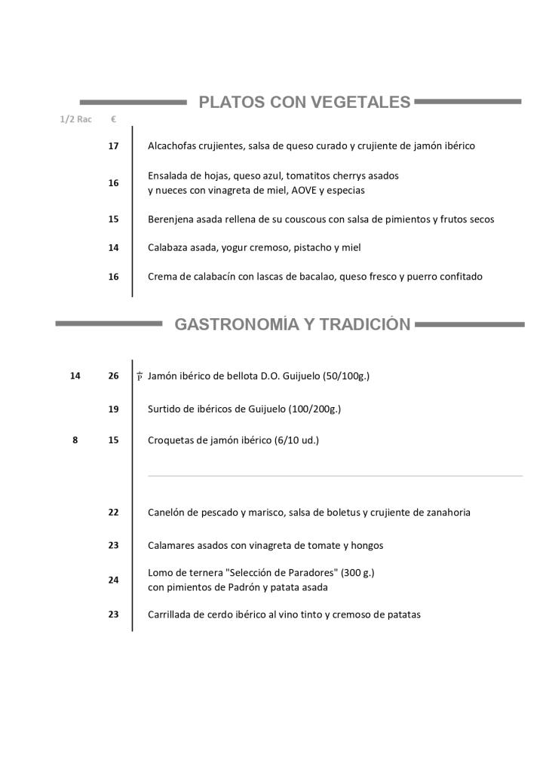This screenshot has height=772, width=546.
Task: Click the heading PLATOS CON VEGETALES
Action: pos(304,103)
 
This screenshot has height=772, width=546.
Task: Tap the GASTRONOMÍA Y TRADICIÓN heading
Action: pos(293,325)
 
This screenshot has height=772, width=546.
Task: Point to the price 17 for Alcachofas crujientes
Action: pos(113,146)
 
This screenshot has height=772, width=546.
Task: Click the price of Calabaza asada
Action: pos(113,247)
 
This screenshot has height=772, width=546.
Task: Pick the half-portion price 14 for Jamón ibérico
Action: pos(75,375)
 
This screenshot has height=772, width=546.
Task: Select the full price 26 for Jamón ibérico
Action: pos(113,375)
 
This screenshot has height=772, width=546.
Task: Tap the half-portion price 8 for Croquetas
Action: pos(75,440)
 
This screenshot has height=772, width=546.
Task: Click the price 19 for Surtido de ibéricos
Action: pos(113,409)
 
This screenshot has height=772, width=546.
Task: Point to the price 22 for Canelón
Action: pos(113,513)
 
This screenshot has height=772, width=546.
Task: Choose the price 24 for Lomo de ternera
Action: pos(113,580)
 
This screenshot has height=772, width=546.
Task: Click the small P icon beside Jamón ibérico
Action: pos(140,376)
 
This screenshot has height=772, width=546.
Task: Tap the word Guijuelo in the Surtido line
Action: pos(262,409)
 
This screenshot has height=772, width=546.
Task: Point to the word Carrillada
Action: pos(171,614)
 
